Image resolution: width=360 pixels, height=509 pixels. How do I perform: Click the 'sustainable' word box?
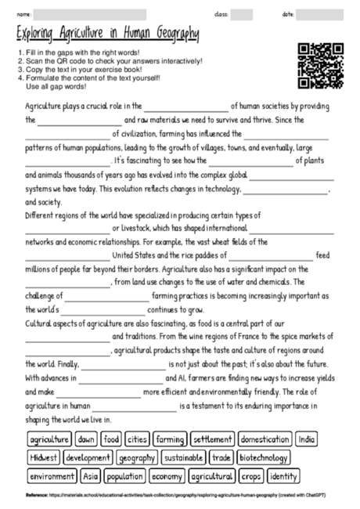click(x=184, y=457)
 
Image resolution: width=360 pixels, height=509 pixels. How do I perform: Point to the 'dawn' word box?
click(x=87, y=439)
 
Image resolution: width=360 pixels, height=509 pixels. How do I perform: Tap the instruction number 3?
click(x=18, y=70)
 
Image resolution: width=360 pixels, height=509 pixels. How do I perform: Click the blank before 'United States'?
click(x=67, y=256)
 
